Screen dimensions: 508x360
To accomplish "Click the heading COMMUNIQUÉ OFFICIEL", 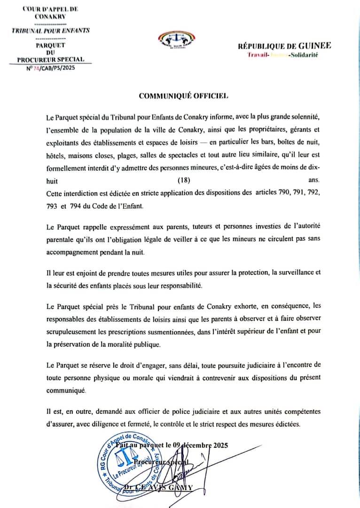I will (x=183, y=95).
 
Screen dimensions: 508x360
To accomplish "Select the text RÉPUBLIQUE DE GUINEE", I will (x=284, y=46).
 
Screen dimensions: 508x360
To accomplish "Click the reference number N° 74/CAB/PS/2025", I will (x=50, y=68).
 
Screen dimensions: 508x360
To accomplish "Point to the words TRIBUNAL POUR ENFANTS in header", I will (x=50, y=31).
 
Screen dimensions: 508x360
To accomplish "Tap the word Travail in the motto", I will (x=258, y=55).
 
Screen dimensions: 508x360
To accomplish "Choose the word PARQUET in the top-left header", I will (x=50, y=45).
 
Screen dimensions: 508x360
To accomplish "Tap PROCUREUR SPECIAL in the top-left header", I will (x=50, y=59).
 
